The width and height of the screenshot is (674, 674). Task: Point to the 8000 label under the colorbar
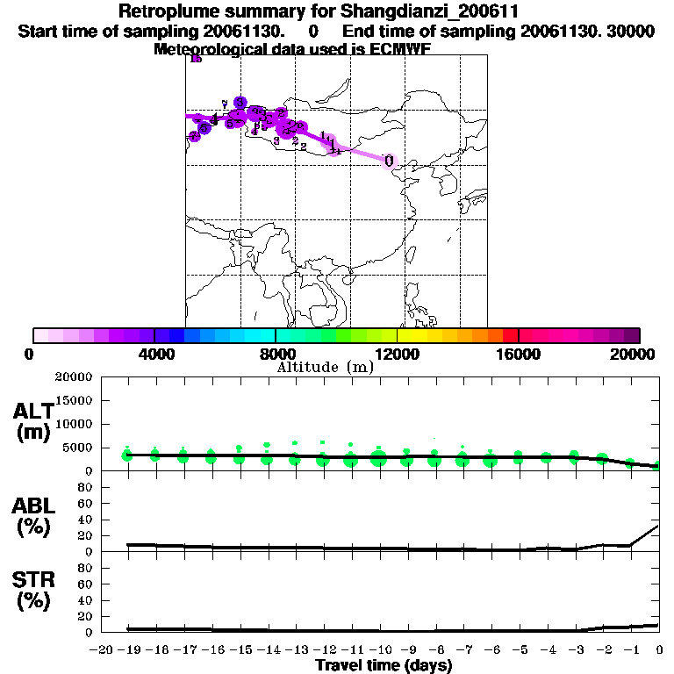(276, 354)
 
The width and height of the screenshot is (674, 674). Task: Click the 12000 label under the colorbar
(397, 354)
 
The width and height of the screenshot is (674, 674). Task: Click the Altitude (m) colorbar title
(325, 367)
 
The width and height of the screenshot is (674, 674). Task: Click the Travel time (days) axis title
(384, 666)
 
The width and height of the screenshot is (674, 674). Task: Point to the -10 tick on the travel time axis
(378, 649)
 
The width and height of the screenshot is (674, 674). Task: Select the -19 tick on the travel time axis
(127, 649)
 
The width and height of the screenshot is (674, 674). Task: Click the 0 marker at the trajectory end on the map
(388, 161)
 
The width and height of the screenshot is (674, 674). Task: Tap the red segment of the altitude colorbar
(510, 335)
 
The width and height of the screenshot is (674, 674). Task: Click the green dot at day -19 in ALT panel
(127, 455)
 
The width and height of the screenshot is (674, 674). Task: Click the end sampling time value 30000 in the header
(632, 31)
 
